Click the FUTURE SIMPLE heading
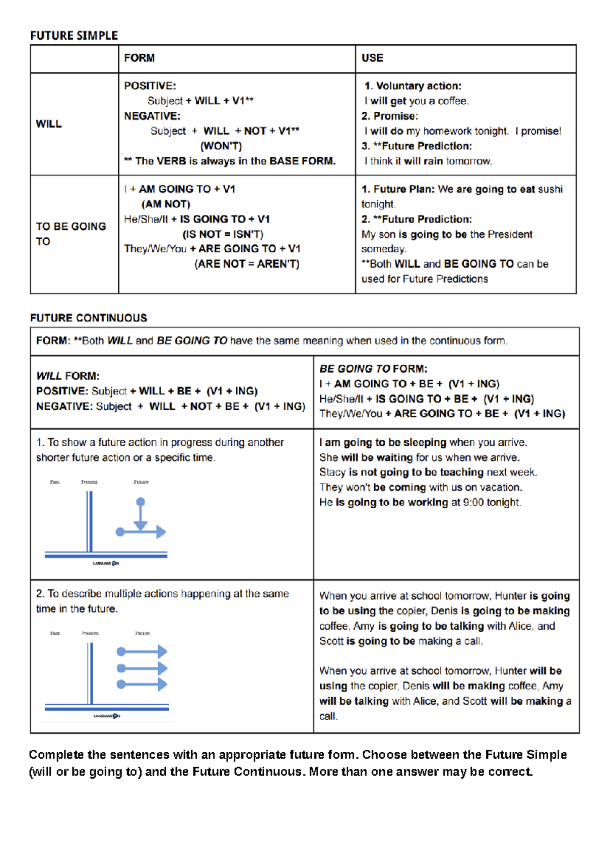tap(74, 36)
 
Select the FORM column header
tap(139, 58)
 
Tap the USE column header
tap(372, 58)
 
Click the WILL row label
tap(49, 124)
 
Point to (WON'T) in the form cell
tap(221, 146)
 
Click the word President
tap(510, 234)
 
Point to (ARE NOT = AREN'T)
tap(247, 264)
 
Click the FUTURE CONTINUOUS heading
tap(88, 318)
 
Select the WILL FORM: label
tap(68, 376)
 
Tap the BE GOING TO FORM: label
tap(373, 369)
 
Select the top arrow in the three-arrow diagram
tap(142, 652)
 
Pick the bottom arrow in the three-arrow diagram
tap(142, 685)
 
